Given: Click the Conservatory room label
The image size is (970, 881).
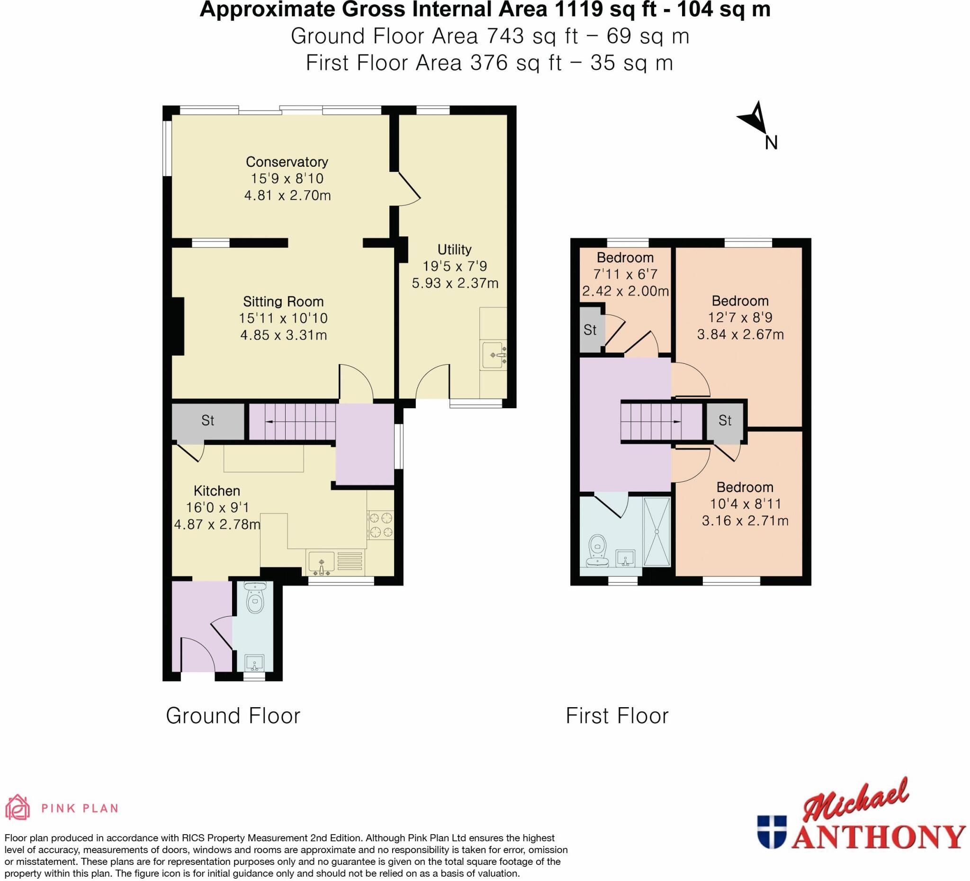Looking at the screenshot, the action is (x=287, y=162).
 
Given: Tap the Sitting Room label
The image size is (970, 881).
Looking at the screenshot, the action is (x=283, y=302).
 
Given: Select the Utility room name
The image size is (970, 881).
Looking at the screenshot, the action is (x=454, y=250).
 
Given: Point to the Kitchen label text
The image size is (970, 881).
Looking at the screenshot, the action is (x=216, y=491).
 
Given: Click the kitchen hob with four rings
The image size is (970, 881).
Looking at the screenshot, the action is (x=381, y=525).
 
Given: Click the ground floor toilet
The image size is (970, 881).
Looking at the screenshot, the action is (x=254, y=597).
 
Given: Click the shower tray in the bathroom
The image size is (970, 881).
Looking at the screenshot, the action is (x=657, y=532).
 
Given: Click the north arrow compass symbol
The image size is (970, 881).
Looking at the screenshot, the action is (x=752, y=117).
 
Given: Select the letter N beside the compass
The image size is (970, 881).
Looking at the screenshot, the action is (x=771, y=143).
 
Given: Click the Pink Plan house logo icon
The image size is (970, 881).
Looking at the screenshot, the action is (x=18, y=807).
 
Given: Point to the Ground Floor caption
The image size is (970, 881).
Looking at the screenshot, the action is (x=234, y=716).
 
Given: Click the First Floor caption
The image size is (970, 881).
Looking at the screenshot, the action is (x=617, y=716).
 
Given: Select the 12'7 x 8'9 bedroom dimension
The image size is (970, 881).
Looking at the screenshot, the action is (x=740, y=318).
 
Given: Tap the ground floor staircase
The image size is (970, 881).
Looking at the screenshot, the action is (x=292, y=422).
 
